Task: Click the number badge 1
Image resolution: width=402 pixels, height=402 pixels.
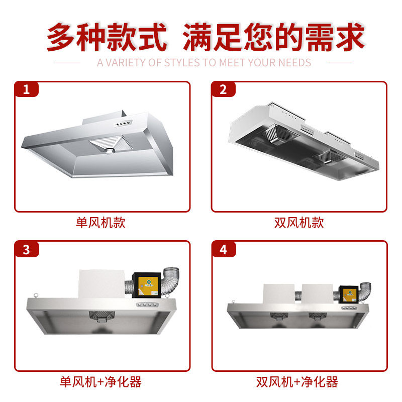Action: [27, 90]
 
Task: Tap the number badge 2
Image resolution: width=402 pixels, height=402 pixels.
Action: [223, 90]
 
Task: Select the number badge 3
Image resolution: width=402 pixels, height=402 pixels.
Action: [27, 249]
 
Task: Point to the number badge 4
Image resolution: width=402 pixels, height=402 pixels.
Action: [223, 249]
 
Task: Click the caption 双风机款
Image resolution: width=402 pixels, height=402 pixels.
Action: [299, 223]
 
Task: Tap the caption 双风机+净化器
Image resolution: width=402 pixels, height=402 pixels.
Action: [299, 382]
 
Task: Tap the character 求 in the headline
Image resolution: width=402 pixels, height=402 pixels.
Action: [347, 37]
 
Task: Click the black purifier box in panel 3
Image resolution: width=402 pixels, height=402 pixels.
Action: [146, 286]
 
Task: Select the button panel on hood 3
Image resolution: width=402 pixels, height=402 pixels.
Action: [144, 305]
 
